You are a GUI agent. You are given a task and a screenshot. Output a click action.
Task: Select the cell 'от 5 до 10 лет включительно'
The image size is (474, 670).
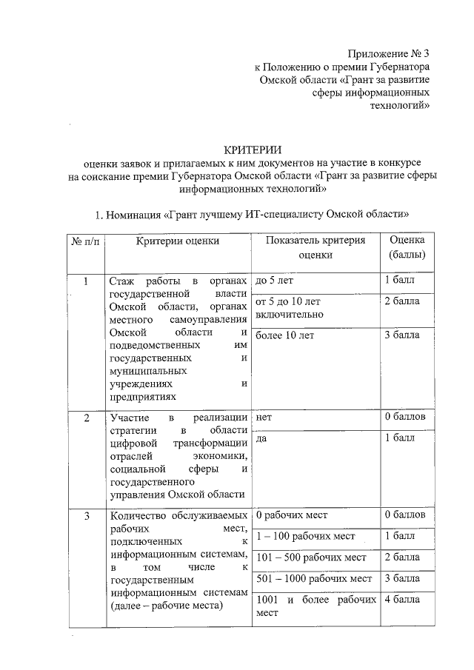pos(288,308)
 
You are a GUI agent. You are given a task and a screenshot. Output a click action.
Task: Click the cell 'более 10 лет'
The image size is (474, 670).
pos(284,335)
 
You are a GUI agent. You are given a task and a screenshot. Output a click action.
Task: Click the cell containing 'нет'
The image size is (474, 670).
pos(263,417)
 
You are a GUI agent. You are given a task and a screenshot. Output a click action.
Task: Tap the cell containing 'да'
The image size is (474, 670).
pos(261,438)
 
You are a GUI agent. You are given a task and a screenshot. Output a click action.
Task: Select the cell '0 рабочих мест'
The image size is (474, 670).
pos(291,513)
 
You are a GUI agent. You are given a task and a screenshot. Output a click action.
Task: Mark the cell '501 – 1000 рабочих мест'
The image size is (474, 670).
pos(313,578)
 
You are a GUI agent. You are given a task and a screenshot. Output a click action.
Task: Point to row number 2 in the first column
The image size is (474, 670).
pos(86,418)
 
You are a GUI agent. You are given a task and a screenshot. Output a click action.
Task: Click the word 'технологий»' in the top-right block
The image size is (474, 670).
pos(401,106)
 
